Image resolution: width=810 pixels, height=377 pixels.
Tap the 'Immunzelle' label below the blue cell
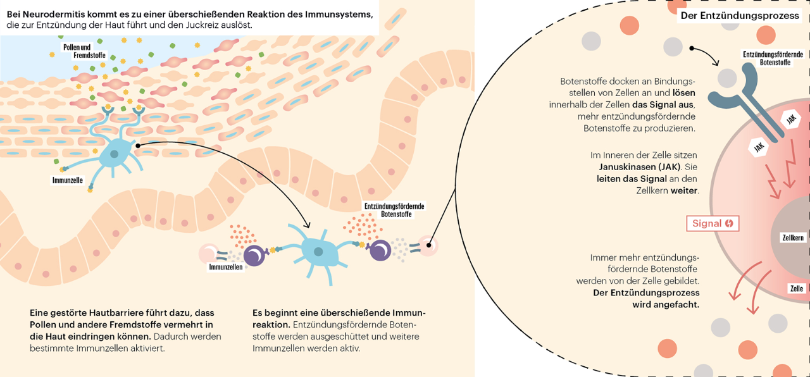pos(68,180)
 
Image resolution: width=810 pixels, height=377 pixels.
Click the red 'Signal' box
pos(713,223)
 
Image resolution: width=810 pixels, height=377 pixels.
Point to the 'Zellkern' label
pos(793,238)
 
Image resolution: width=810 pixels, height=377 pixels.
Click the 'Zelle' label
pos(796,288)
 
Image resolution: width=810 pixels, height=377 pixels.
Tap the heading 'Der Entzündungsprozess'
pos(740,16)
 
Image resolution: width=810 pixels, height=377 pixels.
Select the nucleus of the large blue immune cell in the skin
pos(114,154)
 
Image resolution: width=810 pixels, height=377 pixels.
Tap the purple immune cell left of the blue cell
pos(254,256)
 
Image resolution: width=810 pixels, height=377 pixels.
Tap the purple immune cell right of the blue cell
pos(380,250)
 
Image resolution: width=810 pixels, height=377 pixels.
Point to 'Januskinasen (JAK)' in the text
pos(640,167)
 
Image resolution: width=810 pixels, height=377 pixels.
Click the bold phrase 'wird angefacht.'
pos(666,304)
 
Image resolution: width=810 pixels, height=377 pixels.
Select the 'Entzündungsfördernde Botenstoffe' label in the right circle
pos(772,58)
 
